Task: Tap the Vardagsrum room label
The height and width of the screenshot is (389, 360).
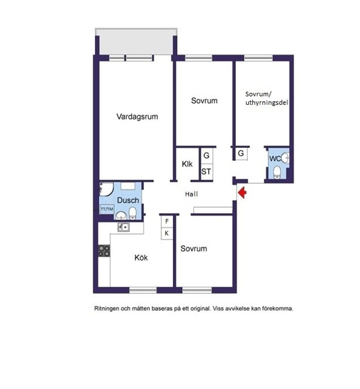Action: [x=137, y=116]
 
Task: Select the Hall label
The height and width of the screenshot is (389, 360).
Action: [x=191, y=194]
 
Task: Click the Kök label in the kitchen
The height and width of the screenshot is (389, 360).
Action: [x=141, y=258]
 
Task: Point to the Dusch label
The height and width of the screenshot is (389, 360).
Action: [x=128, y=200]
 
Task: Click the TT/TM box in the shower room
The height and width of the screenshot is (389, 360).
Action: [x=106, y=209]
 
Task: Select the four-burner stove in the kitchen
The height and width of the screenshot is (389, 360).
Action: [x=104, y=251]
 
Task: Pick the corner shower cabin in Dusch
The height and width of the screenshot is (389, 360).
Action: [x=105, y=189]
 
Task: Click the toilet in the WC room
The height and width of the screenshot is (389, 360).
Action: [x=277, y=172]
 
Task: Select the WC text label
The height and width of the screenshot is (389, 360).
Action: [x=275, y=159]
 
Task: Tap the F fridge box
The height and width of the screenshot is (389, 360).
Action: [x=167, y=221]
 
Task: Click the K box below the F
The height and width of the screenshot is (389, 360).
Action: [x=167, y=233]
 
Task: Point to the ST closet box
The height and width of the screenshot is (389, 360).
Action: [x=206, y=172]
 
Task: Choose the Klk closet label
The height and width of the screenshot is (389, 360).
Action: [x=187, y=164]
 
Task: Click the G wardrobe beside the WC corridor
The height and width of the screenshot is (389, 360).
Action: [x=241, y=153]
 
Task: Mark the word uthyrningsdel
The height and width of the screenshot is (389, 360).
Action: [x=267, y=102]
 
